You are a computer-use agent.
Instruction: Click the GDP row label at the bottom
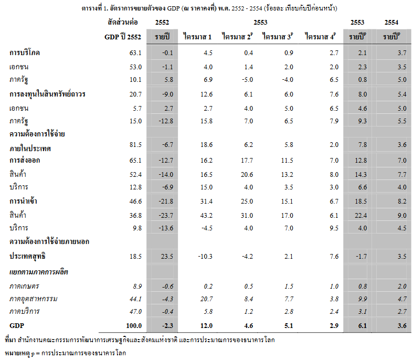click(x=17, y=325)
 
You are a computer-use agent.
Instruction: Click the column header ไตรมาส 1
click(x=198, y=37)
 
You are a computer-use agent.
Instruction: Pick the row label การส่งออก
click(x=25, y=160)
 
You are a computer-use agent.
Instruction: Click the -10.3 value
click(x=204, y=256)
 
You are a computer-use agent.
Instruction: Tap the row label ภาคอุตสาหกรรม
click(x=33, y=299)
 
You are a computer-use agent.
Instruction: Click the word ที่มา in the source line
click(x=10, y=340)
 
